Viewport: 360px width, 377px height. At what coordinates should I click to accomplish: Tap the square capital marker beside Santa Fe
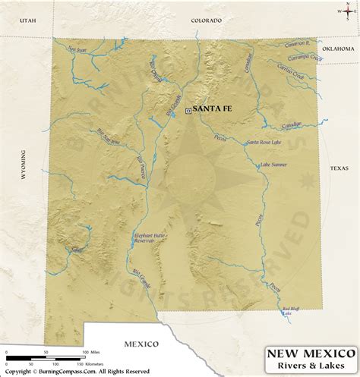click(188, 110)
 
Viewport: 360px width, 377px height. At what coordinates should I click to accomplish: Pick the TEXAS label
click(338, 168)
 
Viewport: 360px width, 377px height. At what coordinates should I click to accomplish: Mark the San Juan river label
click(77, 50)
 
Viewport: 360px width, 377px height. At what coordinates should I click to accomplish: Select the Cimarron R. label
click(297, 45)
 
